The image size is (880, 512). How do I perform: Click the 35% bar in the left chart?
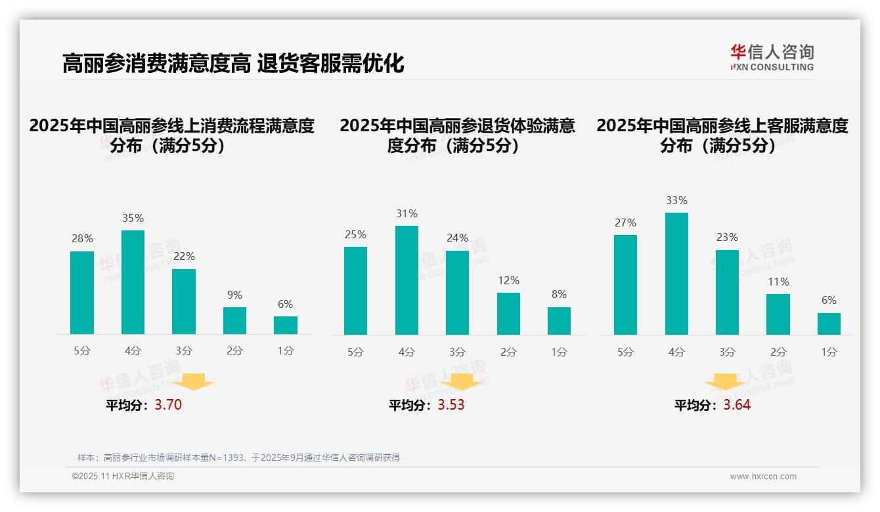tap(133, 282)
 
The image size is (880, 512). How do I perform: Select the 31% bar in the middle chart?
tap(407, 280)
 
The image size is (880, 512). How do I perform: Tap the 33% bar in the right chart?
tap(676, 274)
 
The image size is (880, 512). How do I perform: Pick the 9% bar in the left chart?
tap(234, 320)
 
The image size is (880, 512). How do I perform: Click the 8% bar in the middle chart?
tap(559, 320)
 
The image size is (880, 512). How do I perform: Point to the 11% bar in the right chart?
tap(778, 314)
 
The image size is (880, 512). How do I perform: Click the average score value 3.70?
tap(168, 405)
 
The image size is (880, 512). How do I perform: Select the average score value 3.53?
tap(451, 405)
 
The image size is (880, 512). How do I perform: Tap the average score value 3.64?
tap(737, 405)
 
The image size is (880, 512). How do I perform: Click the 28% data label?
tap(82, 239)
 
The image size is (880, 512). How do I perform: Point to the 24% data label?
tap(457, 238)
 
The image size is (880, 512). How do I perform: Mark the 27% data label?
tap(625, 223)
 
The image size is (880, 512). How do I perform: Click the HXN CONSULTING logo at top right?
tap(772, 58)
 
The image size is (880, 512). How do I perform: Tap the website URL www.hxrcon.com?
tap(762, 477)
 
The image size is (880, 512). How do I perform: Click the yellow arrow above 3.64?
tap(725, 382)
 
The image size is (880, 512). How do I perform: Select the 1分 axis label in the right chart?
tap(829, 352)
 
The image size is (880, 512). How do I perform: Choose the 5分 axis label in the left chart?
tap(82, 351)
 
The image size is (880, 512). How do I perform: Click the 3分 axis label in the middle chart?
tap(457, 352)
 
